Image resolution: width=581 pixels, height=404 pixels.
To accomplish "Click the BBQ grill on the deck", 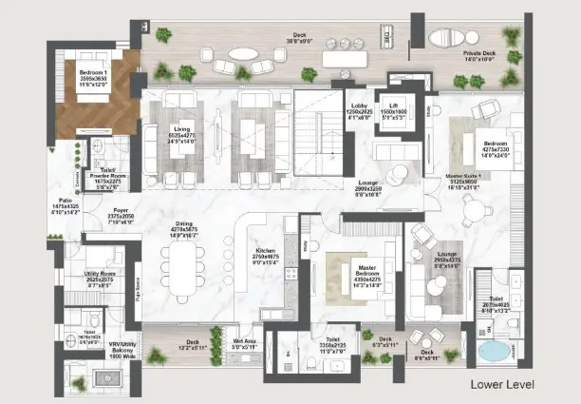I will [x=386, y=36].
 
